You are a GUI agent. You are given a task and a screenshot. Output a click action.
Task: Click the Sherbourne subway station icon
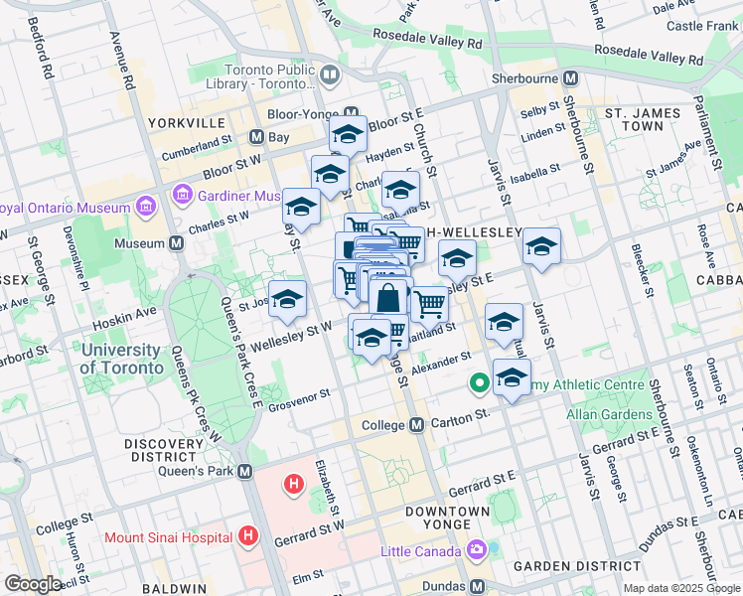[x=570, y=77]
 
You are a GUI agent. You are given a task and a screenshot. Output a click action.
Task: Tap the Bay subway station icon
[x=255, y=137]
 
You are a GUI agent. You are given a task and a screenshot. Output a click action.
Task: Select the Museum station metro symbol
[x=177, y=242]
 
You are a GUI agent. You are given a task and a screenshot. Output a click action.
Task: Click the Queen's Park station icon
[x=245, y=471]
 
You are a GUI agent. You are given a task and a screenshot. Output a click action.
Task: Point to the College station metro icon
[x=417, y=424]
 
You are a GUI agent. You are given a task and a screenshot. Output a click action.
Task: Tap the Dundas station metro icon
[x=477, y=586]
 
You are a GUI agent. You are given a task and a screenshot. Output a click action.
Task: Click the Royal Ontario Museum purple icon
[x=146, y=208]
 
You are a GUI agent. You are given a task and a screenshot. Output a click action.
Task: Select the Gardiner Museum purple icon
[x=182, y=196]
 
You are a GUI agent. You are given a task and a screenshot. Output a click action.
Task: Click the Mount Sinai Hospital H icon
[x=248, y=538]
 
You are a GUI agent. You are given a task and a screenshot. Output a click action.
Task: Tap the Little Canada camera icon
[x=476, y=550]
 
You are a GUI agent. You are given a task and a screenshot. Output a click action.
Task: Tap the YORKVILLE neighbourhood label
[x=185, y=123]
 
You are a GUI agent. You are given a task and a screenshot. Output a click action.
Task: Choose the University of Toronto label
[x=121, y=359]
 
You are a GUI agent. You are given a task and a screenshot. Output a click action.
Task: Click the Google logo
[x=33, y=584]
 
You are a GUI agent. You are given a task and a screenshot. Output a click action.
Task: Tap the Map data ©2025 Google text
[x=680, y=588]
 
